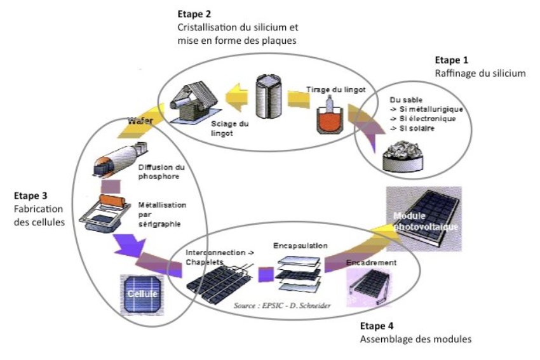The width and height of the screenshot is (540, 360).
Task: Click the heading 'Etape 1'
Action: pos(451,60)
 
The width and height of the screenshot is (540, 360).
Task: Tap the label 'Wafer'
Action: pos(140,119)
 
